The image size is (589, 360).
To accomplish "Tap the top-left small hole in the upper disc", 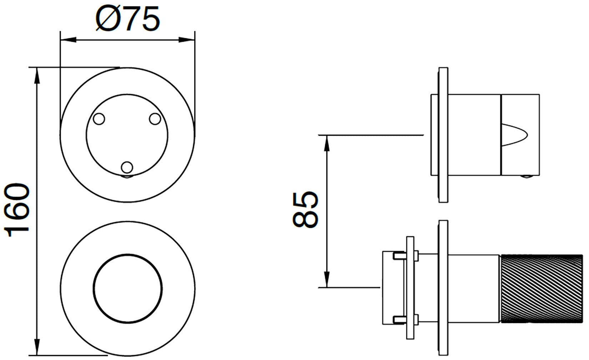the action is [x=99, y=119].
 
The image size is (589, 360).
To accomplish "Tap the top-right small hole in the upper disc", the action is [x=155, y=119].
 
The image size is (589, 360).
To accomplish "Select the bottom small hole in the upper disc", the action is [x=127, y=167].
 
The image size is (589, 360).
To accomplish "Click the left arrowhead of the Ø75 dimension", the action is [x=69, y=40].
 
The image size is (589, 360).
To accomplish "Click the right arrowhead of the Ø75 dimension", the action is [x=187, y=40].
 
